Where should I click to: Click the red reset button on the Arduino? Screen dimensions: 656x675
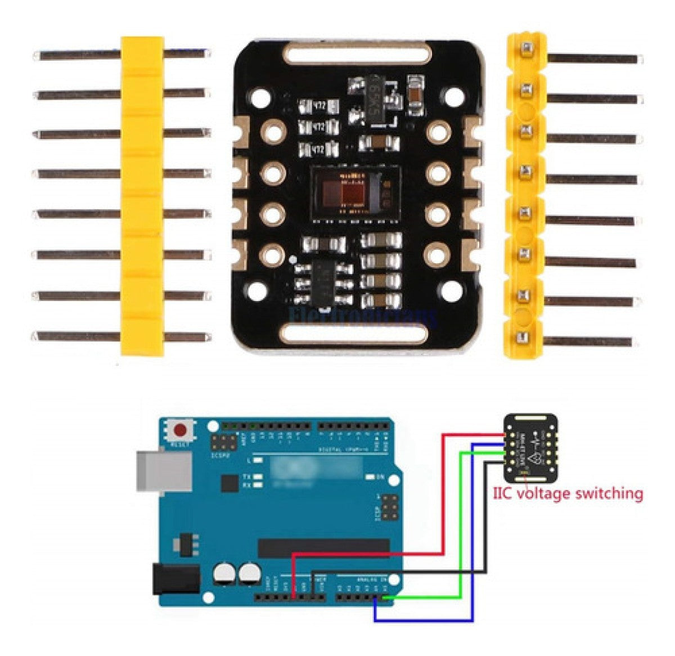point(180,431)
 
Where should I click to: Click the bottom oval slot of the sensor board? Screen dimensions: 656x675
point(358,335)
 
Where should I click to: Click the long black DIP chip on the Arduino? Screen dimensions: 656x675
point(324,545)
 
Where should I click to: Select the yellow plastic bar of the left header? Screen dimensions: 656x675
point(142,196)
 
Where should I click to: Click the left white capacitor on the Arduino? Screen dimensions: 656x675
point(224,574)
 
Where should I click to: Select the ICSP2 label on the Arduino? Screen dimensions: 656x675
point(219,456)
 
